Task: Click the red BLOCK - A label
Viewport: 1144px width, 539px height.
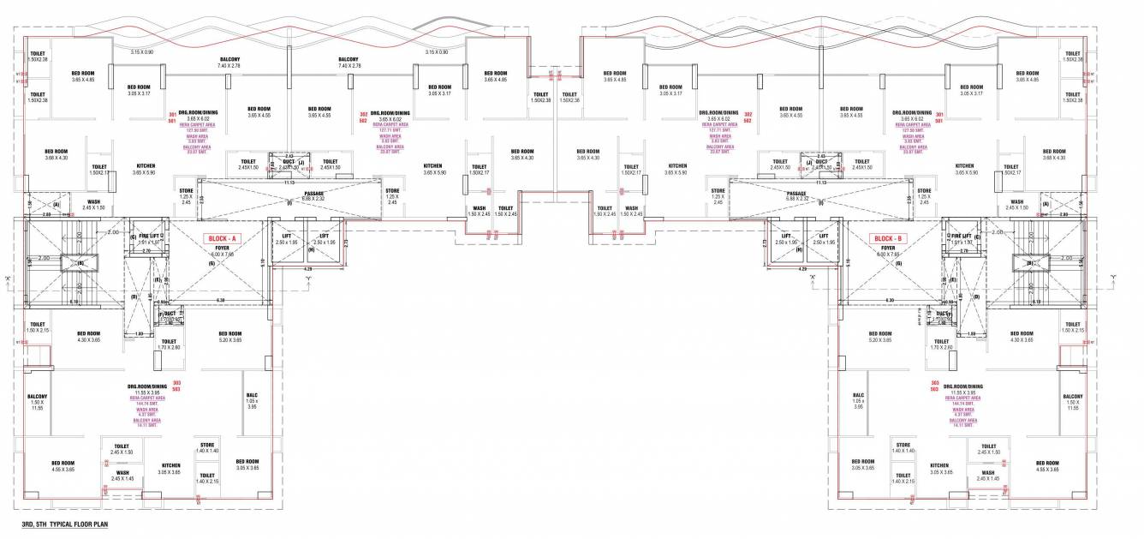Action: [x=219, y=238]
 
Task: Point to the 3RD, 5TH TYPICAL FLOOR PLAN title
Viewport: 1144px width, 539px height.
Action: [x=65, y=523]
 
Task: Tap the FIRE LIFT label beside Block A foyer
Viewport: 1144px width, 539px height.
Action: [x=151, y=236]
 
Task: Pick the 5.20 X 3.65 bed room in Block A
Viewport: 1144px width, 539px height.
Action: [x=229, y=337]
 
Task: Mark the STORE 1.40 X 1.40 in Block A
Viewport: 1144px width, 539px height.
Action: [x=207, y=447]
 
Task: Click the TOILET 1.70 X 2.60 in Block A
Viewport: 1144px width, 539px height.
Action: [x=169, y=344]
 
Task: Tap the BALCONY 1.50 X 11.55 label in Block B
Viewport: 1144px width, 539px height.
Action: [x=1073, y=402]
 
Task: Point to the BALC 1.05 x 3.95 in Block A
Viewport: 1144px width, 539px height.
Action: [x=252, y=401]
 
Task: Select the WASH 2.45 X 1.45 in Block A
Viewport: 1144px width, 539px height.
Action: [x=122, y=475]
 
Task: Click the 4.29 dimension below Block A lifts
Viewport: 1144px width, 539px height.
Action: [x=308, y=270]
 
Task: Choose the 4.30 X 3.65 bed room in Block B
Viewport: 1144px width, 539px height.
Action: [x=1022, y=337]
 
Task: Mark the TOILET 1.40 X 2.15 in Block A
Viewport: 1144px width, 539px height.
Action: [x=207, y=478]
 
